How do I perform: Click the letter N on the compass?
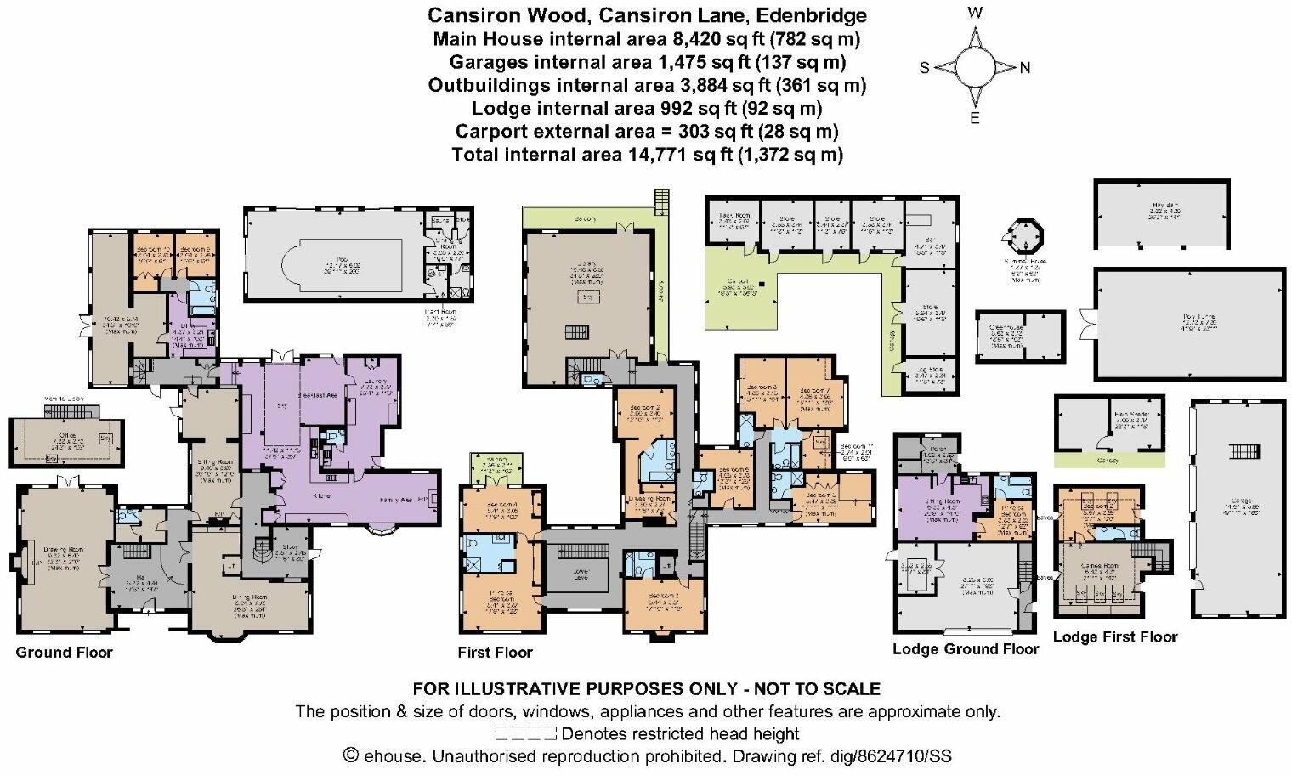(x=1024, y=68)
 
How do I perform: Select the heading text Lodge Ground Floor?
(x=965, y=649)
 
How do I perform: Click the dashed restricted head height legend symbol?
(x=525, y=733)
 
